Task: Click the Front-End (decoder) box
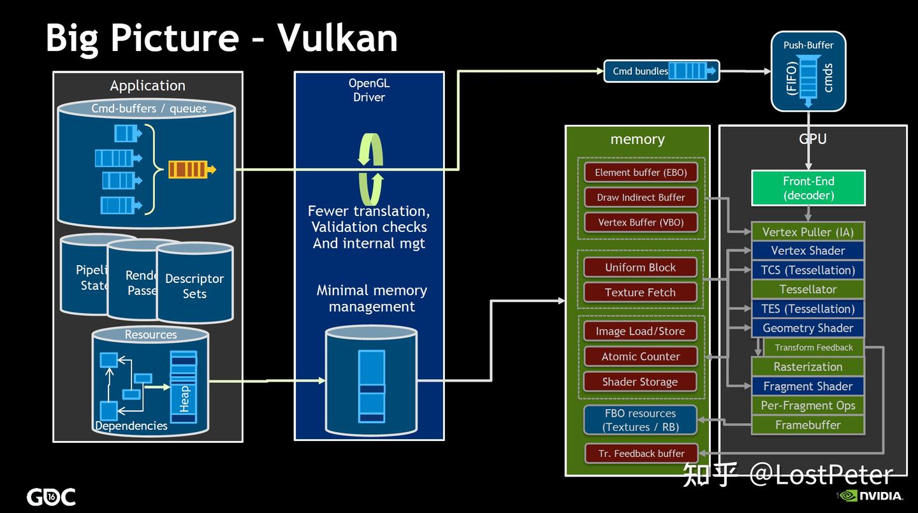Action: click(808, 188)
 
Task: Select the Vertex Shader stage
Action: click(808, 250)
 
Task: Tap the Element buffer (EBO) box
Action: click(641, 173)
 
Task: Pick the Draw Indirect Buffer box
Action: click(641, 198)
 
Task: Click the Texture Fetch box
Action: click(640, 293)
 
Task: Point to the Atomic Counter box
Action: click(641, 357)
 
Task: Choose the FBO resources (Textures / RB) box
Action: click(641, 421)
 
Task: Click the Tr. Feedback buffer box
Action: click(641, 454)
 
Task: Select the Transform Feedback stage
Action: click(813, 347)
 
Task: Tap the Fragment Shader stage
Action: click(808, 386)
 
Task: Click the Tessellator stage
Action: click(808, 289)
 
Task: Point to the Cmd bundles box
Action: click(661, 71)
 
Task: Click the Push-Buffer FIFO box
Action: click(808, 71)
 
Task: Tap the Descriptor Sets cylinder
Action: click(194, 285)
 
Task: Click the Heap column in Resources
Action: click(184, 387)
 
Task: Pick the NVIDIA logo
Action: click(871, 496)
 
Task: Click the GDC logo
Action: click(51, 497)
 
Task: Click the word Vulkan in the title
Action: click(337, 37)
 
